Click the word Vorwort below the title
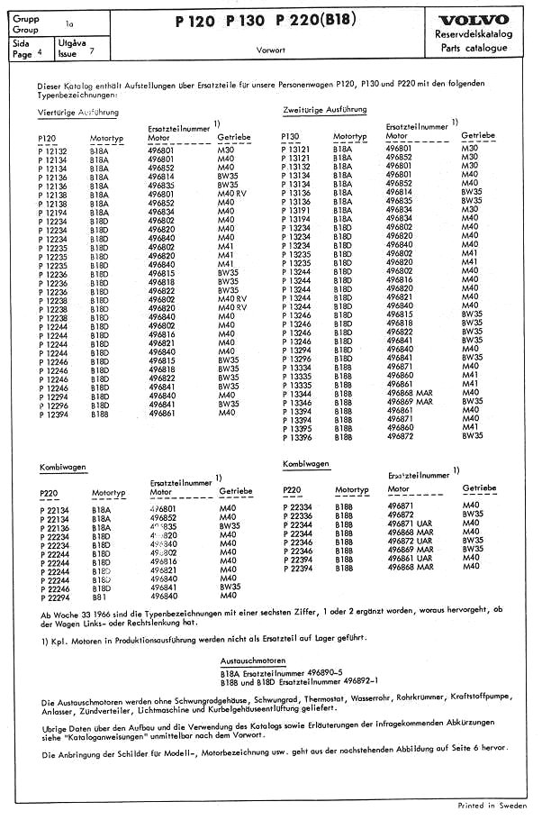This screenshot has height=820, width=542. tap(271, 50)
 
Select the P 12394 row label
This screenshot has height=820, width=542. tap(54, 413)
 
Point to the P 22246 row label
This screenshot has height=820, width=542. tap(54, 587)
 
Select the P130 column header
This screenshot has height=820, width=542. tap(291, 137)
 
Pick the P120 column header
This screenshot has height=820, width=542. tap(50, 138)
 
